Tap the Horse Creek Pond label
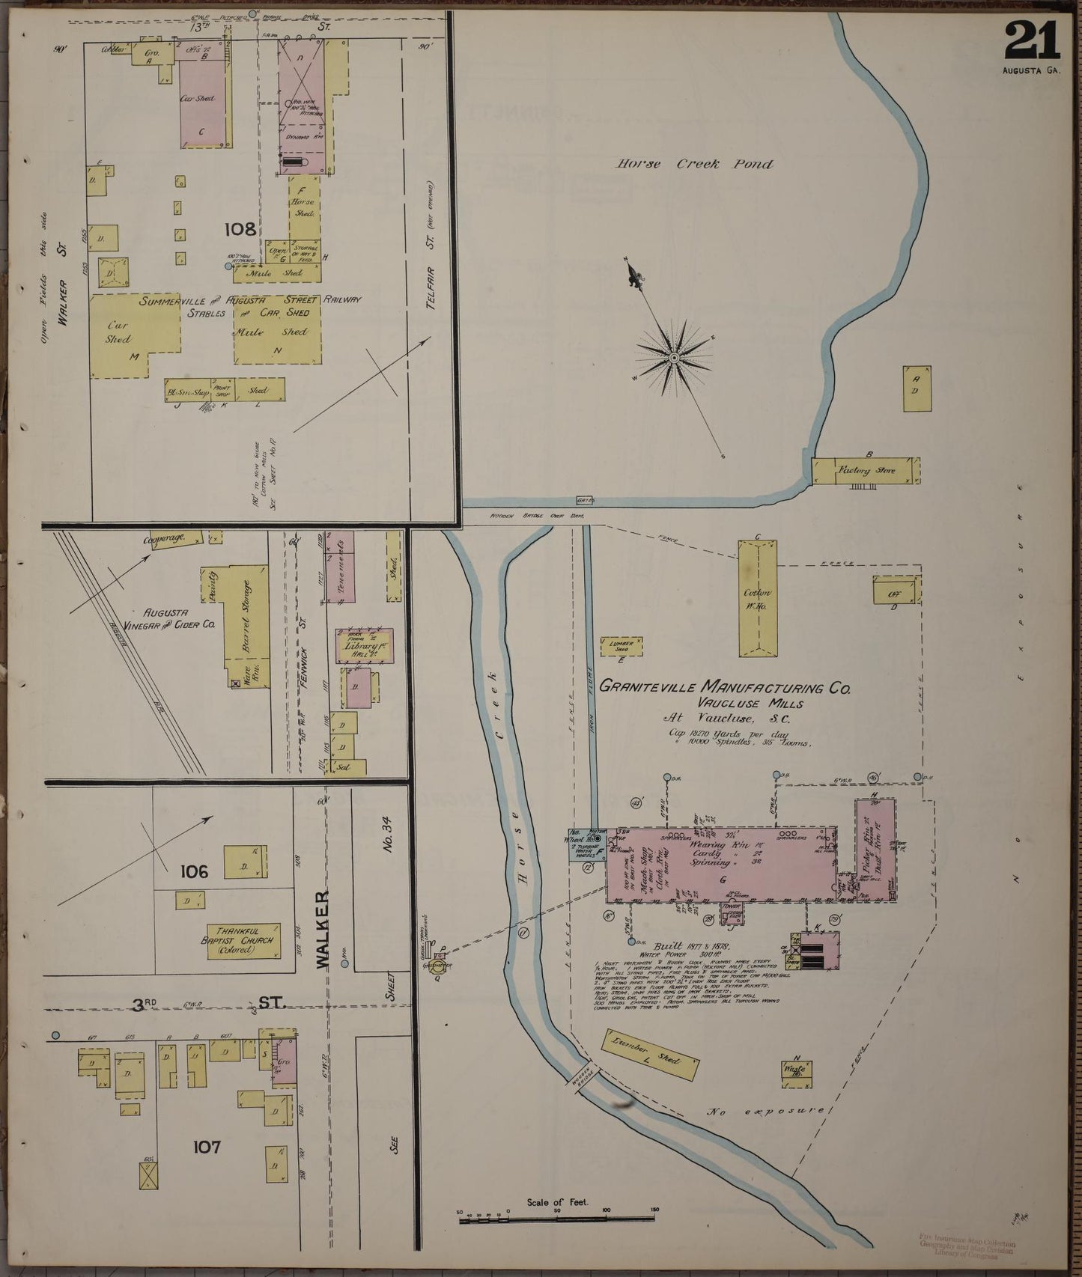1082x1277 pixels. (694, 164)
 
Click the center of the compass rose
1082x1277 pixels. (674, 358)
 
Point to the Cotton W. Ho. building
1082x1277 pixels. (757, 598)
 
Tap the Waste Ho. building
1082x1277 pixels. (796, 1070)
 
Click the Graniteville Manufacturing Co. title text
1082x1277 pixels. (725, 686)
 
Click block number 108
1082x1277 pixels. (240, 229)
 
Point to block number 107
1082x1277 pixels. (206, 1146)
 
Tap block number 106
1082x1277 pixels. (193, 871)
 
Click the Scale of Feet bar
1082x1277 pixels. (557, 1219)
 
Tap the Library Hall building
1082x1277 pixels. (364, 645)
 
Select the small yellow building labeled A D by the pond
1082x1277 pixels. (917, 388)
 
